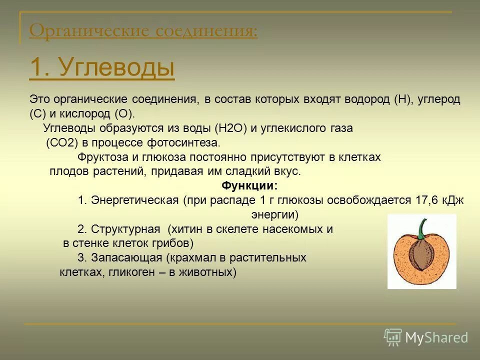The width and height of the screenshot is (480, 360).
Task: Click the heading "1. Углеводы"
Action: click(x=102, y=67)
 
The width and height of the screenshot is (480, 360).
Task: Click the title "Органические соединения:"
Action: click(x=143, y=31)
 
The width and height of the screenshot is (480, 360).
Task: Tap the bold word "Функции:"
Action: click(x=249, y=186)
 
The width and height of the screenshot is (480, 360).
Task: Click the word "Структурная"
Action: click(x=126, y=229)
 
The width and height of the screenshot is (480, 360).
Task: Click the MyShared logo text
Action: click(x=436, y=337)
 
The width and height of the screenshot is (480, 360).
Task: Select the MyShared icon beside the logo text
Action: click(x=393, y=337)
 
